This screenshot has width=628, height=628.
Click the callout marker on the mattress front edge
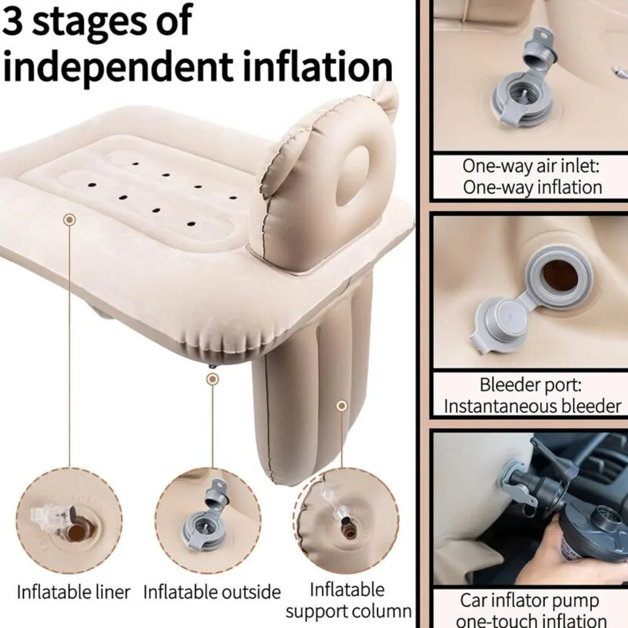tap(70, 220)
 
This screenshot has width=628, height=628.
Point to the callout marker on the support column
tap(341, 406)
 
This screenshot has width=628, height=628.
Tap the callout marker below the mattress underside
tap(213, 379)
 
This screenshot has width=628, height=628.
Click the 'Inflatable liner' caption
tap(74, 592)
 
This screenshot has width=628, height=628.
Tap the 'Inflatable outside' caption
tap(212, 592)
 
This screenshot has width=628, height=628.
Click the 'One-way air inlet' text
tap(531, 166)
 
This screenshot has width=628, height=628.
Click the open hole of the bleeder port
tap(560, 276)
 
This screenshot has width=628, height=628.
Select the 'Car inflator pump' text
tap(529, 601)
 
